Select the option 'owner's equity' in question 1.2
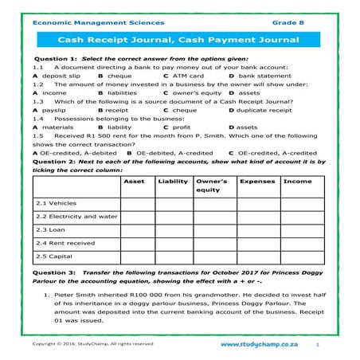194,92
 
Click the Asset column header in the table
135,182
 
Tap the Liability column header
173,182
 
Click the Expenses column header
256,182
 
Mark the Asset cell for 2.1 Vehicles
135,202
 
